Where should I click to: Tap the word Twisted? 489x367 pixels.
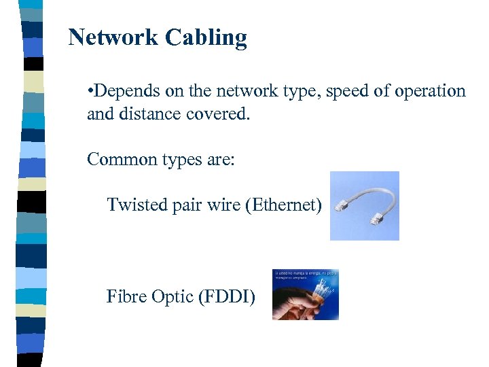(x=133, y=204)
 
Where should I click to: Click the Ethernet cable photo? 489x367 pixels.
(x=364, y=206)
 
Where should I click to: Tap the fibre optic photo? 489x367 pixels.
(x=305, y=294)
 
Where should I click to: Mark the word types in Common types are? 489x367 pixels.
(x=183, y=160)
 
